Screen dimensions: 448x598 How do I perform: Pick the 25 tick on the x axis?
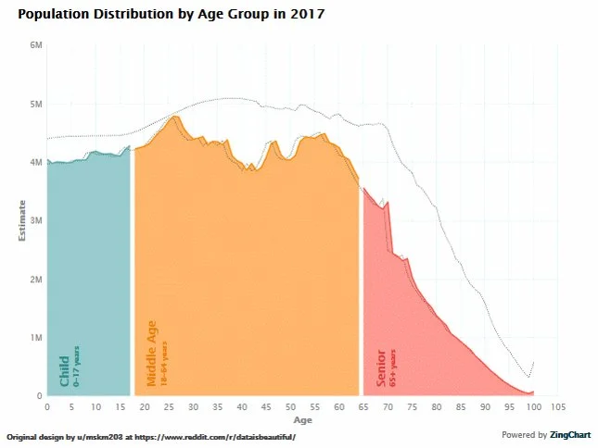click(169, 406)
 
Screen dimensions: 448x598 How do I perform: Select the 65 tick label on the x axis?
click(363, 406)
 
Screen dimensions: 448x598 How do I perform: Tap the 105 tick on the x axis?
click(557, 406)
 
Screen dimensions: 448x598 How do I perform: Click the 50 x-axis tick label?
click(290, 406)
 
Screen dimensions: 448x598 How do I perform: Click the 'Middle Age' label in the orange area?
click(152, 353)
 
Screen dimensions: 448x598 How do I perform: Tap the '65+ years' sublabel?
click(393, 367)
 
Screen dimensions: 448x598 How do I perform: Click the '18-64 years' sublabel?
click(165, 364)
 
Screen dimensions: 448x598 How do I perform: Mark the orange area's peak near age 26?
click(174, 117)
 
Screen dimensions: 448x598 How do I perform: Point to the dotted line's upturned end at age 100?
click(533, 363)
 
